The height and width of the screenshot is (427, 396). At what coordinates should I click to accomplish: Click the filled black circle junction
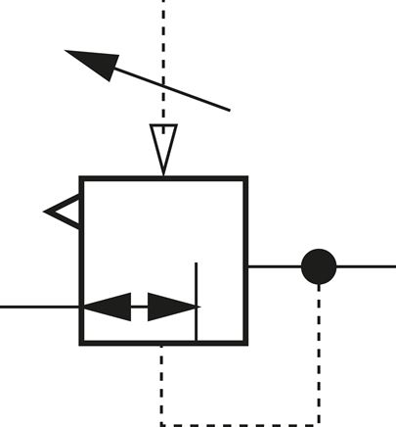[319, 265]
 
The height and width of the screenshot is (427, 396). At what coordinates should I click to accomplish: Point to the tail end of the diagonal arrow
[229, 109]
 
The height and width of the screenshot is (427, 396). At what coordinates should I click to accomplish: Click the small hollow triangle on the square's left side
[66, 211]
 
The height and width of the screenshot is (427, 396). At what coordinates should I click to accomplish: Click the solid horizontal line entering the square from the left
[39, 307]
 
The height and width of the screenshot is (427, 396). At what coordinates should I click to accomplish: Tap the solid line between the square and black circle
[274, 265]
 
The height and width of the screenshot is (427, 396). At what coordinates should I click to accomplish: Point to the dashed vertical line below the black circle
[319, 353]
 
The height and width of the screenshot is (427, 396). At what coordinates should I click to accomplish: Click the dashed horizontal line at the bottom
[240, 423]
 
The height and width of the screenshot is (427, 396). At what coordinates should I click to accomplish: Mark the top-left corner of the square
[82, 179]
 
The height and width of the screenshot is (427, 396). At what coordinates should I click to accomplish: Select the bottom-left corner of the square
[82, 343]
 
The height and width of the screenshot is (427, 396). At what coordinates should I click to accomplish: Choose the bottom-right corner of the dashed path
[319, 423]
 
